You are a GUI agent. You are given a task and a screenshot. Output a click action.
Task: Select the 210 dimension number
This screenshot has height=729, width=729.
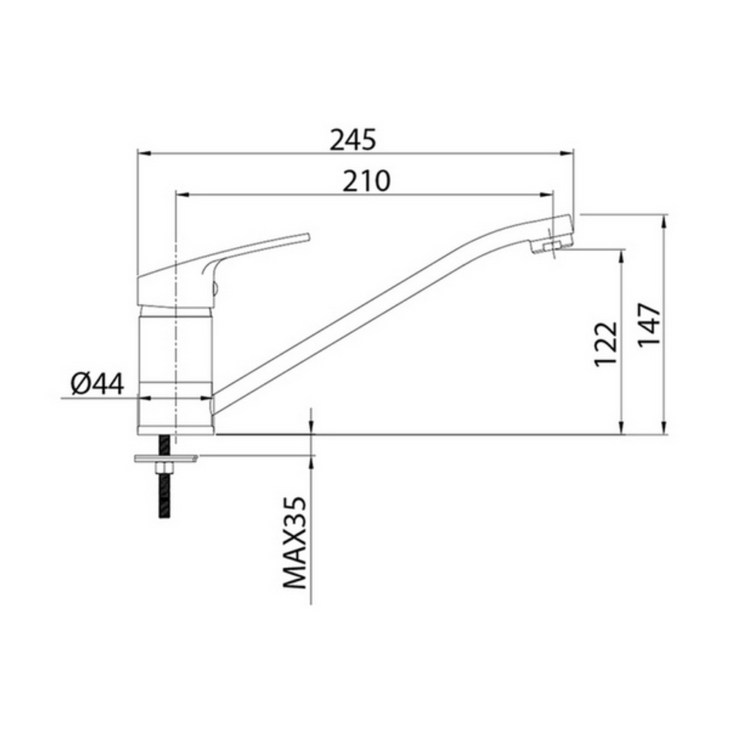pos(367,180)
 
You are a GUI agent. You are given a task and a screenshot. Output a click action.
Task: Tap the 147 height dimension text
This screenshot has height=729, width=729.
pos(651,324)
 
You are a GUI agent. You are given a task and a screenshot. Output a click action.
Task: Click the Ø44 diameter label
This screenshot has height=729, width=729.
pos(98,383)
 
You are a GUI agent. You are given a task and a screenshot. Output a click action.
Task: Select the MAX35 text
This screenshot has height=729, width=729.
pos(295,543)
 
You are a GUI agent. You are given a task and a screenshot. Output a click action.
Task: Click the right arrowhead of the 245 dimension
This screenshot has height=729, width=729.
pos(568,154)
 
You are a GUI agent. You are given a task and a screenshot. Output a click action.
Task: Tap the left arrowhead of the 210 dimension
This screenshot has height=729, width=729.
pos(182,195)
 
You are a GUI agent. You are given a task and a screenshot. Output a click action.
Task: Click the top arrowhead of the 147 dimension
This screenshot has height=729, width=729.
pos(664,221)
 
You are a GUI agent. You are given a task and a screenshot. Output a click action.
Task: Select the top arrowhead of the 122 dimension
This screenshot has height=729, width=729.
pos(621,256)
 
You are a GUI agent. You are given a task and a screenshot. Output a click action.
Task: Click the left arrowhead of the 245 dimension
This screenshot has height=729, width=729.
pos(144,154)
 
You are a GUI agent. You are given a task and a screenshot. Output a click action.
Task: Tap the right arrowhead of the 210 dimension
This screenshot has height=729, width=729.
pos(548,195)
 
